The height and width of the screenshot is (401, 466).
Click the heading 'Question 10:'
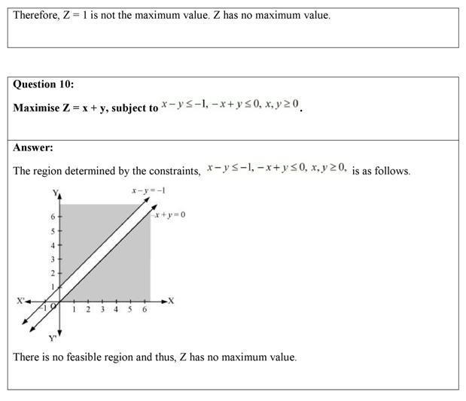(43, 84)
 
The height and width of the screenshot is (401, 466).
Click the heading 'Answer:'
(32, 147)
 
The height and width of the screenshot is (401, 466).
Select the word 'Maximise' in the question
(36, 108)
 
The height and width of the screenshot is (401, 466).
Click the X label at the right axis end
(171, 301)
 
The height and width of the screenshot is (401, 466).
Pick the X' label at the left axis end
(20, 301)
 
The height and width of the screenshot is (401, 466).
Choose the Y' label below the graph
(53, 337)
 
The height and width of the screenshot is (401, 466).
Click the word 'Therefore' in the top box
(35, 15)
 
